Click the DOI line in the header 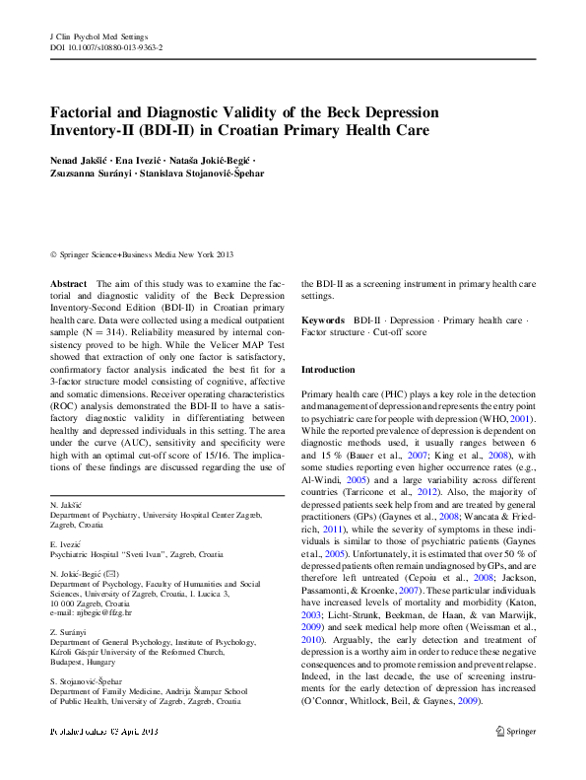106,47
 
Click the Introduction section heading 328,370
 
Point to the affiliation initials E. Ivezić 66,542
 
